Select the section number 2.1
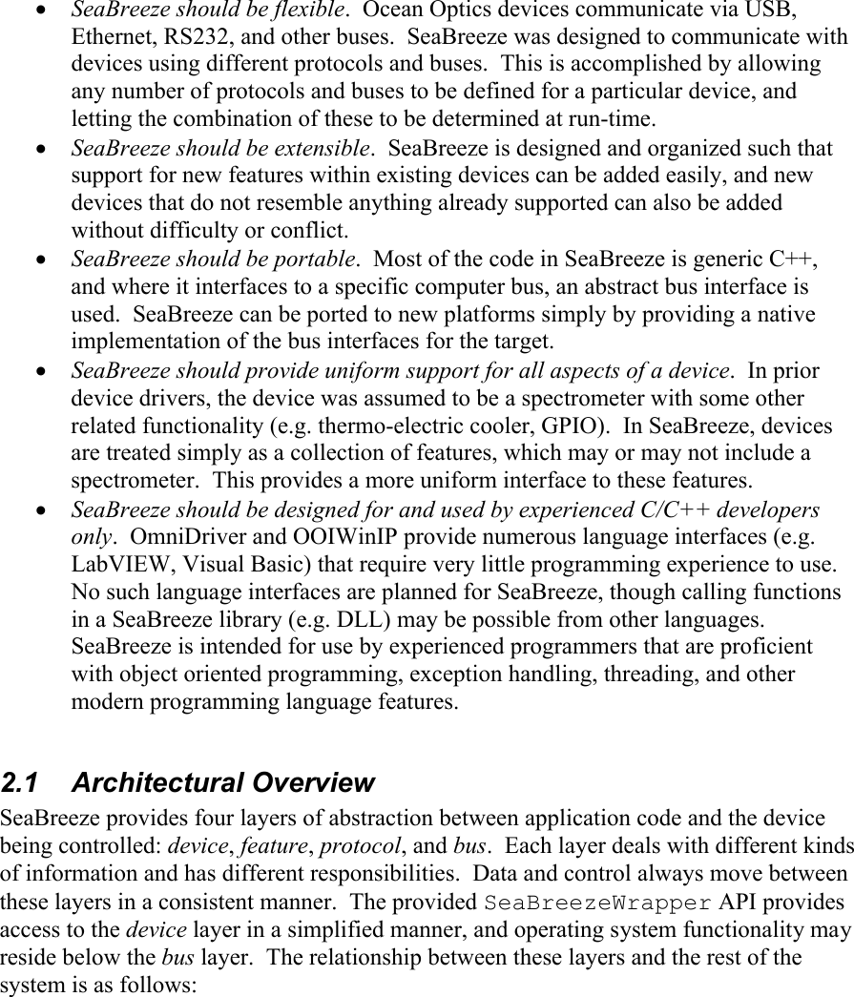(x=24, y=783)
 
